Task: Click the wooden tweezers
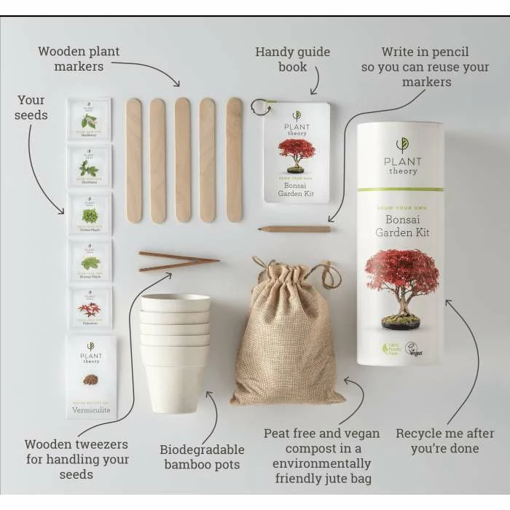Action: click(x=178, y=261)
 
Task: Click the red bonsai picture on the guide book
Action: click(x=297, y=153)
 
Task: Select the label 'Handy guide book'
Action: click(x=292, y=60)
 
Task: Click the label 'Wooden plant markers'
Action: click(x=79, y=59)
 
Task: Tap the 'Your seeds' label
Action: click(x=31, y=107)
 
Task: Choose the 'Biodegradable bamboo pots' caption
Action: click(x=202, y=457)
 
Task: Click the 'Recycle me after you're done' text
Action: click(x=444, y=441)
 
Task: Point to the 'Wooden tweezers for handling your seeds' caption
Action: click(x=76, y=459)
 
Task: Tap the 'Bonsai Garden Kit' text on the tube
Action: click(x=400, y=225)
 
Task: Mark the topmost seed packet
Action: click(x=89, y=119)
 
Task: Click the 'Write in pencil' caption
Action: click(x=425, y=67)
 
